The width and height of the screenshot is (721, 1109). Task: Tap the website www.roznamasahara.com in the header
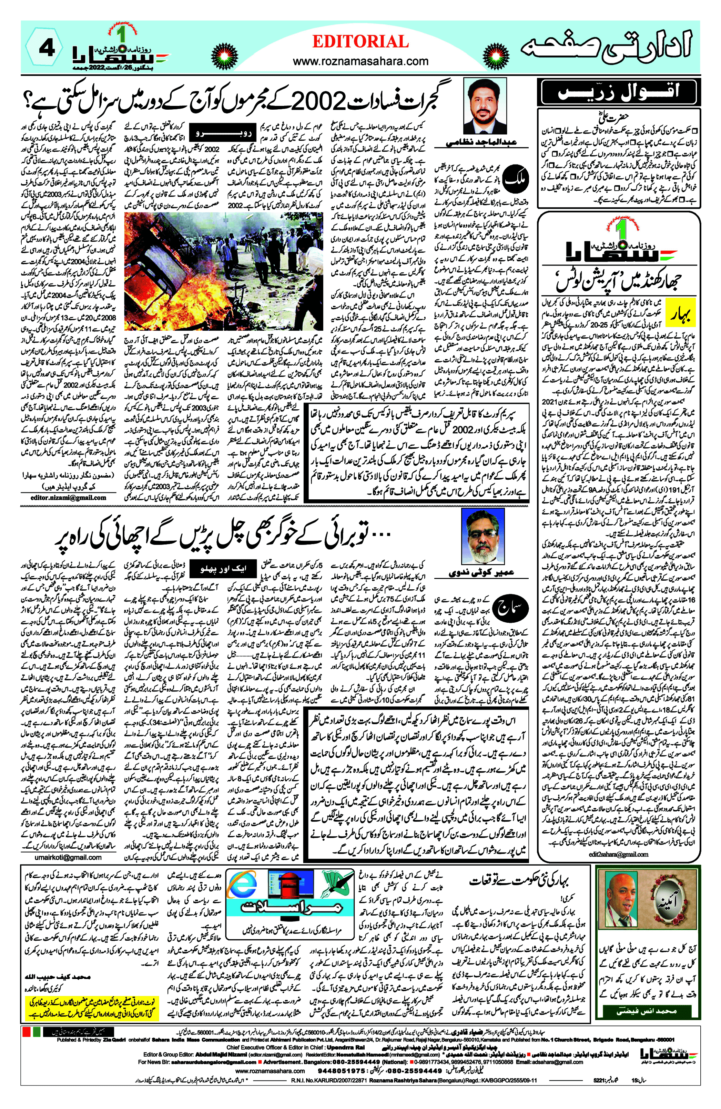tap(360, 61)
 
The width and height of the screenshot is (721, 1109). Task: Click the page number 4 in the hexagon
tap(47, 49)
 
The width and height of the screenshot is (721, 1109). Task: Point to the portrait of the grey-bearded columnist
tap(483, 536)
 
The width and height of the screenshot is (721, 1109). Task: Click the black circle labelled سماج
tap(510, 608)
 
